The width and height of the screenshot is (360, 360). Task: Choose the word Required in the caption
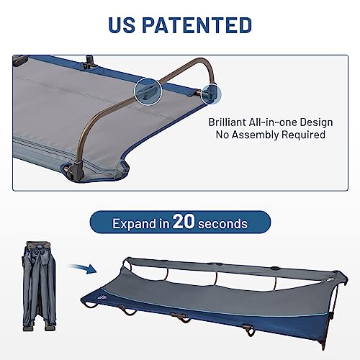tap(305, 135)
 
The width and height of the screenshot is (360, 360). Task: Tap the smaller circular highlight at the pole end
tap(210, 91)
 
